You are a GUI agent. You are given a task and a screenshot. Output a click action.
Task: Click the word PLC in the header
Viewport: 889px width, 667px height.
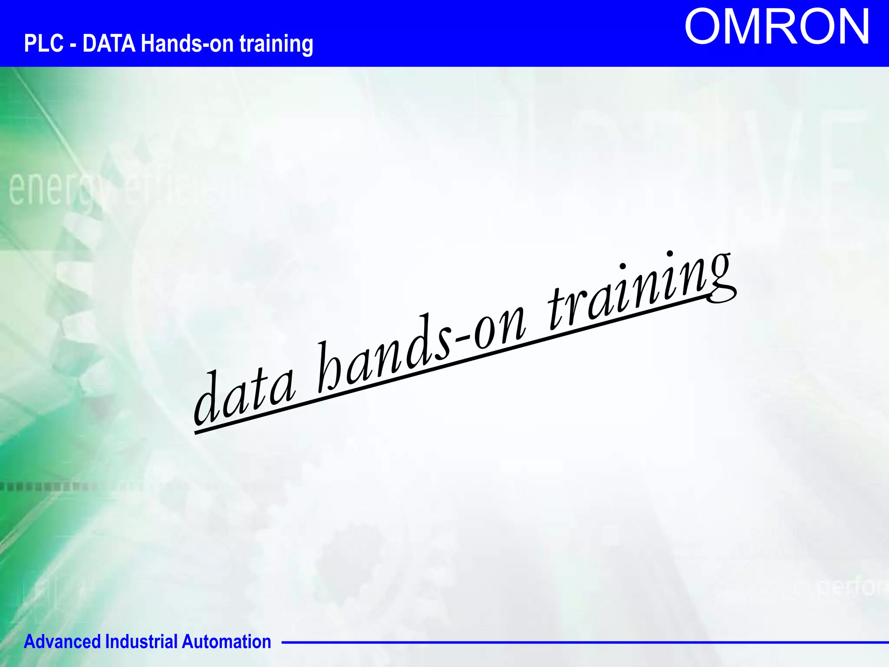coord(43,43)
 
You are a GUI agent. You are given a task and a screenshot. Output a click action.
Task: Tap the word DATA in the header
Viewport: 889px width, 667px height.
coord(109,43)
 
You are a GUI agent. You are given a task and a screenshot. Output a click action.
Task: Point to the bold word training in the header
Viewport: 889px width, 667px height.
coord(276,44)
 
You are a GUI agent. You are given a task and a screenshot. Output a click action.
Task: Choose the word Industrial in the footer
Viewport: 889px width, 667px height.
coord(142,642)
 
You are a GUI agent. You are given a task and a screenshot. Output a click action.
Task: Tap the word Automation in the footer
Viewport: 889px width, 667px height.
coord(226,642)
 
